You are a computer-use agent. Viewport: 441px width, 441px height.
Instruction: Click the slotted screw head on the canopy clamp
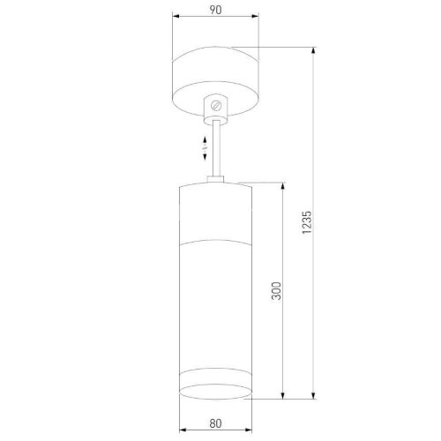[215, 107]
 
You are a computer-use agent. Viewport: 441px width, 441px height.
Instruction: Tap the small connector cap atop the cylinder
[215, 181]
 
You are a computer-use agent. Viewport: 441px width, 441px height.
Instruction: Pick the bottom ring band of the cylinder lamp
[215, 389]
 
